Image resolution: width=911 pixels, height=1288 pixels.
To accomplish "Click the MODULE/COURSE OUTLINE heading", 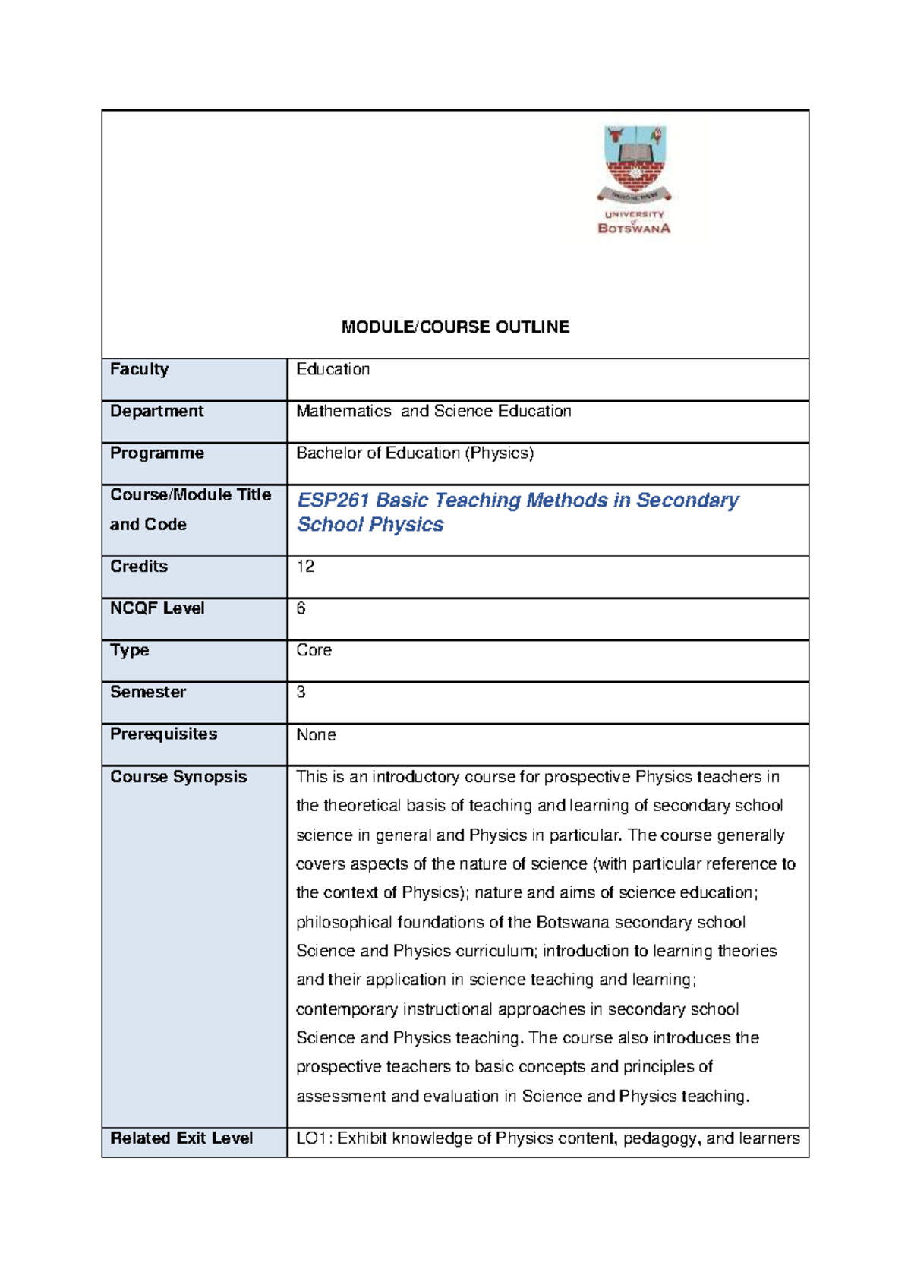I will (455, 327).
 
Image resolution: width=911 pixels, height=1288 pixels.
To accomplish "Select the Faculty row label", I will (139, 369).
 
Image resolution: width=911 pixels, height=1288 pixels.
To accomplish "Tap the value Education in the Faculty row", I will (333, 369).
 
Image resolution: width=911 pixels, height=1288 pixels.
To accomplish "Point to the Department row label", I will (156, 411).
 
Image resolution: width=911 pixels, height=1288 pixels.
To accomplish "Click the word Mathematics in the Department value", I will (343, 411).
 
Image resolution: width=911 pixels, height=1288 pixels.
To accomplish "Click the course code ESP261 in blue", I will (333, 500).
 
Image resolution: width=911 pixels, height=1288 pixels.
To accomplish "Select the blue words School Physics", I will (370, 525).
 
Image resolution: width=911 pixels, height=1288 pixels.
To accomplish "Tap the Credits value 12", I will (305, 567).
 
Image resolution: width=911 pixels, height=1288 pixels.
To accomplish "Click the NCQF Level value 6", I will (301, 608).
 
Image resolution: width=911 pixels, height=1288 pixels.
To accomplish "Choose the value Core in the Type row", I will (314, 650).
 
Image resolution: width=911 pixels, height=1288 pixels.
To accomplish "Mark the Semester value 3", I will (301, 692).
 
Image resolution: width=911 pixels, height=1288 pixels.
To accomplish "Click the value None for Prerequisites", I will (316, 735).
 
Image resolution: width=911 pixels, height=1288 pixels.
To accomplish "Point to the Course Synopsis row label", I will (178, 777).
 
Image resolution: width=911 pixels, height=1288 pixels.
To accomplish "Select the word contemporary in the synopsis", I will (346, 1009).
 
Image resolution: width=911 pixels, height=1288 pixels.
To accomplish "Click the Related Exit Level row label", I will (181, 1138).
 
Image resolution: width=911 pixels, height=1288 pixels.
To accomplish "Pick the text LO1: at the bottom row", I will (314, 1138).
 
